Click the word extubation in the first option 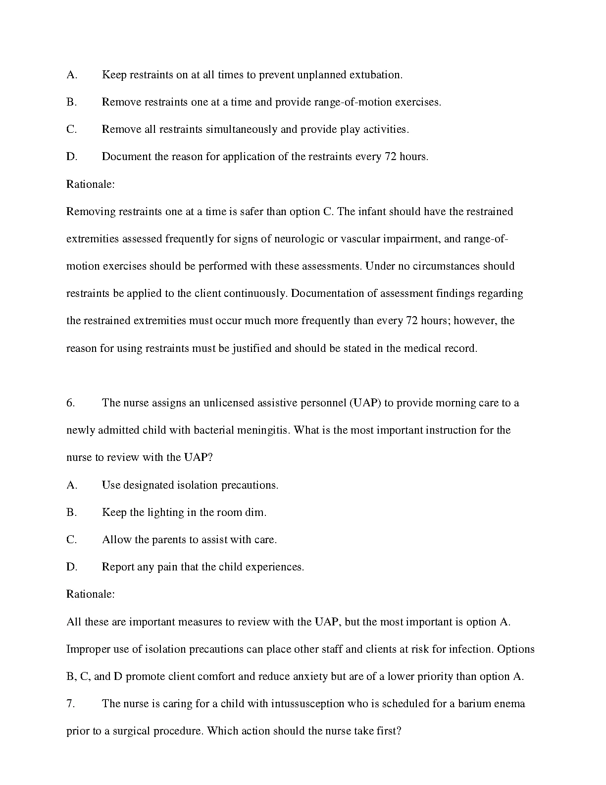(x=376, y=75)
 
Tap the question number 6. (x=70, y=403)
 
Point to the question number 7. (x=70, y=704)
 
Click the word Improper (x=87, y=649)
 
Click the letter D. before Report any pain (x=72, y=567)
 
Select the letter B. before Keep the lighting (x=71, y=512)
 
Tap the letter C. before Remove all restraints (x=71, y=129)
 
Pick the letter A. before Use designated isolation (x=72, y=485)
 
